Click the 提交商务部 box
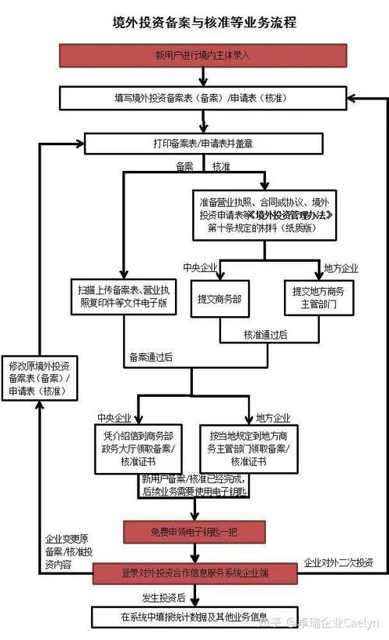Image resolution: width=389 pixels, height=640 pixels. click(219, 299)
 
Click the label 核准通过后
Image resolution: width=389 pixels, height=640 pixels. click(265, 335)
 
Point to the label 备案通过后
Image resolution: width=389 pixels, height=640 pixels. click(151, 357)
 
